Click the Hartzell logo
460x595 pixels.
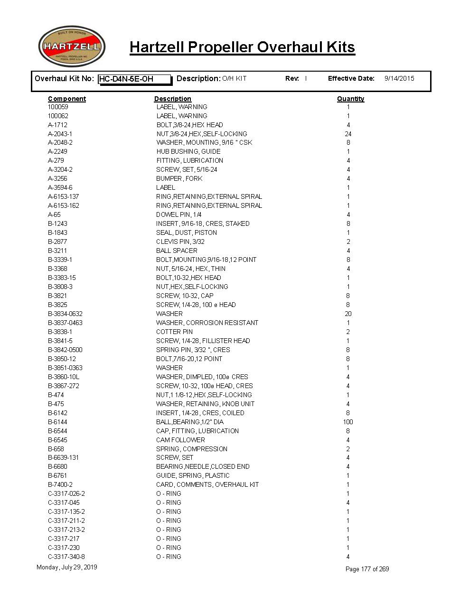[x=72, y=46]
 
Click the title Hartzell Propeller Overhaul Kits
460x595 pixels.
[x=242, y=47]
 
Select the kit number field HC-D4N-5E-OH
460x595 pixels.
[x=134, y=79]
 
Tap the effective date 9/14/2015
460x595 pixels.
[x=399, y=78]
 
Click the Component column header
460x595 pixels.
[x=67, y=99]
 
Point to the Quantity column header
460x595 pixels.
[x=350, y=99]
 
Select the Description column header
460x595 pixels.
[x=172, y=99]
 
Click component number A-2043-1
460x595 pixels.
[x=60, y=134]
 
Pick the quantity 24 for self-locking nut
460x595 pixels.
[x=348, y=134]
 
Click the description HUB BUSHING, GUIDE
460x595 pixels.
[x=188, y=151]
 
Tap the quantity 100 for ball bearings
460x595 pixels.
[x=348, y=422]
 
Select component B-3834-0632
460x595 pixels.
[x=65, y=314]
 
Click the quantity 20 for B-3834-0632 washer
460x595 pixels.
[x=348, y=314]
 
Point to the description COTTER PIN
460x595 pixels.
[x=174, y=332]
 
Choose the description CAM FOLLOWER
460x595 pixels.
[x=180, y=440]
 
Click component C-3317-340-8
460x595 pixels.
[x=66, y=557]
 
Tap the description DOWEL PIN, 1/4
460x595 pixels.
[x=178, y=214]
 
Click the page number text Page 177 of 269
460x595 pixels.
[x=367, y=569]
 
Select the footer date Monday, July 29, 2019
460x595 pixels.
[x=66, y=567]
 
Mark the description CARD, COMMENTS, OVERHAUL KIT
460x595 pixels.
[x=207, y=484]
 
